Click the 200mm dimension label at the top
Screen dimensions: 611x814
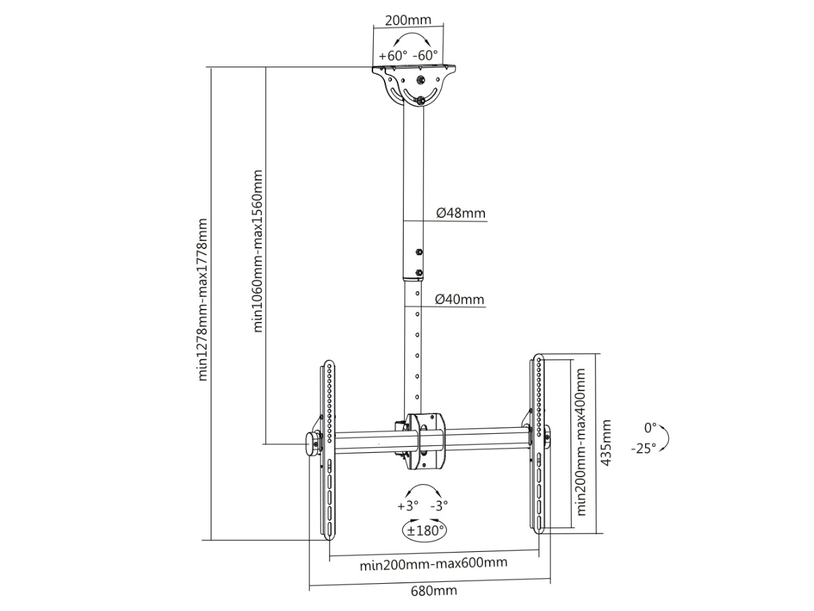click(408, 19)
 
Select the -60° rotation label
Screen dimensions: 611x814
click(426, 55)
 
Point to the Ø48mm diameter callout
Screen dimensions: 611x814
click(461, 213)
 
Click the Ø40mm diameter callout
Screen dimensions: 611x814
click(460, 299)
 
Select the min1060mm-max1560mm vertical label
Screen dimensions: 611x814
click(258, 251)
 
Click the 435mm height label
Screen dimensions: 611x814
click(606, 443)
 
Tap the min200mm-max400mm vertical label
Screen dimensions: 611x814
click(581, 443)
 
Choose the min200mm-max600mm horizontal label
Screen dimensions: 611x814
click(433, 563)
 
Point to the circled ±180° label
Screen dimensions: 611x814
click(424, 530)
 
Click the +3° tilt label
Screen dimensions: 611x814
click(408, 506)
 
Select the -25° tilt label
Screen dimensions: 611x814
click(643, 449)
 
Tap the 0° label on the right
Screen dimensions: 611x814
click(651, 428)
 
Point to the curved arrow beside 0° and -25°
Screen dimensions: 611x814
click(665, 438)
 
